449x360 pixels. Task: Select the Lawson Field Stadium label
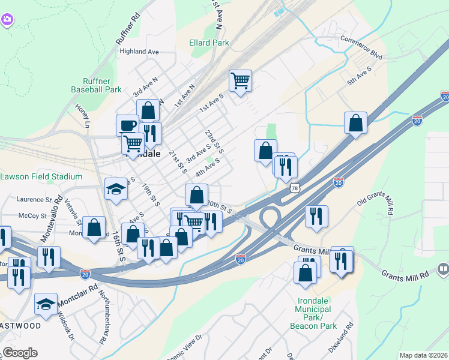41,176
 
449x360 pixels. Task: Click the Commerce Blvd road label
361,47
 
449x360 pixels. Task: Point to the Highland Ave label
139,52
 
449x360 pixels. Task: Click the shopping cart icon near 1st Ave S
240,80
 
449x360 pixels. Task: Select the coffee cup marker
127,125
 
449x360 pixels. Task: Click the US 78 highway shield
294,189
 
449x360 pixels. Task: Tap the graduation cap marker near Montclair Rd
46,304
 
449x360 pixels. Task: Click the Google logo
20,353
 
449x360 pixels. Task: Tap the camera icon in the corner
7,20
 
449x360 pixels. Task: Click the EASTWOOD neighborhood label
20,326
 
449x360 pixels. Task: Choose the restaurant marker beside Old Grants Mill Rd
316,216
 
